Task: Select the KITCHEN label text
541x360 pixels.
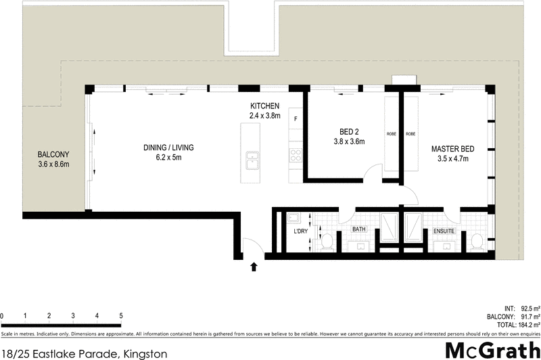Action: click(x=264, y=106)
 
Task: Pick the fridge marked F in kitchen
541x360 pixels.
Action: click(x=296, y=119)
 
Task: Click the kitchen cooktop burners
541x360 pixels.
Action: click(x=295, y=154)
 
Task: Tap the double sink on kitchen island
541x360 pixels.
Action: click(x=254, y=161)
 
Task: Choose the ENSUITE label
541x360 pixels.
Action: click(x=444, y=231)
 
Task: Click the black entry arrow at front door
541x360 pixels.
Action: click(x=254, y=267)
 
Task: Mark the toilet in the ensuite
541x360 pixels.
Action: click(x=477, y=240)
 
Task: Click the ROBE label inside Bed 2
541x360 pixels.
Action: click(x=391, y=134)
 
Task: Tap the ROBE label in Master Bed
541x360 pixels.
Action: click(x=410, y=134)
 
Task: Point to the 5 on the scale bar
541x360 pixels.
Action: click(x=120, y=316)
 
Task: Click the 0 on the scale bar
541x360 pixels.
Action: click(x=2, y=316)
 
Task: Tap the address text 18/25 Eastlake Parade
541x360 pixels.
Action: click(x=61, y=353)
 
